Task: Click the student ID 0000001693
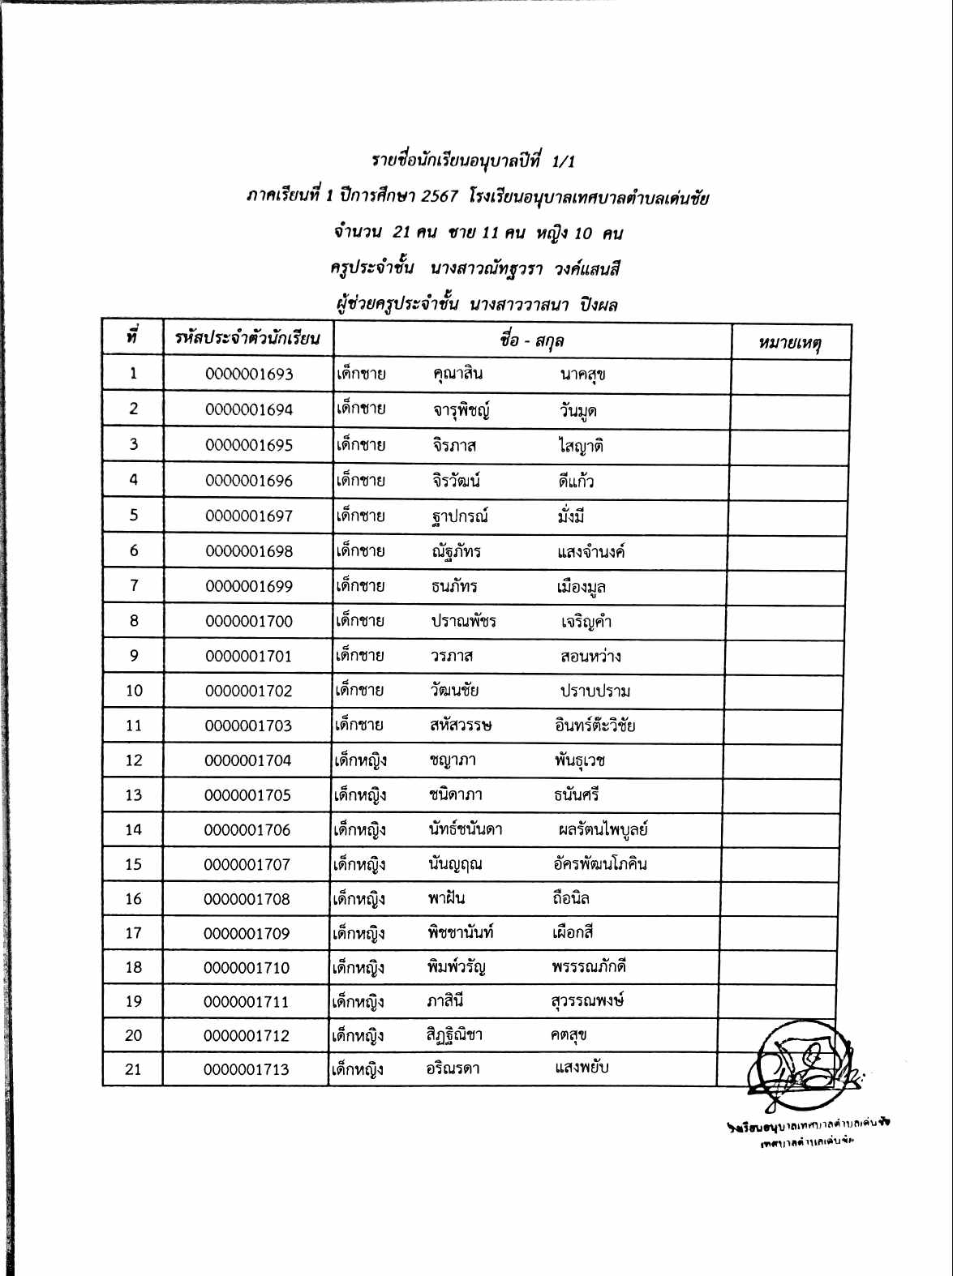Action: pyautogui.click(x=249, y=375)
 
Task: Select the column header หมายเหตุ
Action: pyautogui.click(x=790, y=343)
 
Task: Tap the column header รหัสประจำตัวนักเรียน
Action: pyautogui.click(x=247, y=338)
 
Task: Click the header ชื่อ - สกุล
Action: pyautogui.click(x=531, y=340)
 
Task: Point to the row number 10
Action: pyautogui.click(x=134, y=691)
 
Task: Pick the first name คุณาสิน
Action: pyautogui.click(x=457, y=374)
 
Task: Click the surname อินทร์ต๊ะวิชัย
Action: pyautogui.click(x=595, y=726)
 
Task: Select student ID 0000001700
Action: pyautogui.click(x=248, y=622)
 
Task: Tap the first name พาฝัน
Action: pyautogui.click(x=447, y=898)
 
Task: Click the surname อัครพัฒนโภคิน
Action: pyautogui.click(x=599, y=863)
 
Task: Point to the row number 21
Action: pyautogui.click(x=133, y=1069)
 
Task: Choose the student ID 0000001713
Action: pyautogui.click(x=247, y=1070)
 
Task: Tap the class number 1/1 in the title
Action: pyautogui.click(x=563, y=161)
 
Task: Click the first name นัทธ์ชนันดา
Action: pyautogui.click(x=466, y=829)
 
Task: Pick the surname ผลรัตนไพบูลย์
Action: pyautogui.click(x=603, y=829)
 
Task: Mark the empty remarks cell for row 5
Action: pyautogui.click(x=788, y=516)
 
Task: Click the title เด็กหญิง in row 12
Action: pyautogui.click(x=360, y=760)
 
